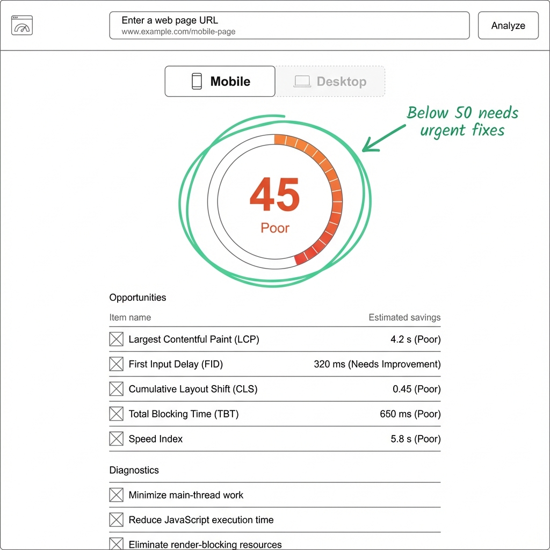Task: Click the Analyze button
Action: [x=508, y=26]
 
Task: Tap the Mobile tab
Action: [x=220, y=82]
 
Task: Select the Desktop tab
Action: [x=330, y=82]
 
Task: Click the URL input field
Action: [x=289, y=26]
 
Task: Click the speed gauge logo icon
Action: [x=22, y=25]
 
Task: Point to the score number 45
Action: [x=274, y=196]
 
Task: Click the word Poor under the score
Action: [x=274, y=228]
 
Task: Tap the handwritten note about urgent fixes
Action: [x=462, y=121]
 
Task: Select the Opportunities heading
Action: [x=137, y=298]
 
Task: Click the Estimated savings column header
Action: [x=404, y=317]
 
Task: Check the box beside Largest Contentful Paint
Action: [x=116, y=339]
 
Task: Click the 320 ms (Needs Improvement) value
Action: [x=377, y=364]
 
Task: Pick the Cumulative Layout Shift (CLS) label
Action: [x=193, y=389]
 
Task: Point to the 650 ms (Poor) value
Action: [x=410, y=414]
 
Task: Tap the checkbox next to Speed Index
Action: [x=116, y=439]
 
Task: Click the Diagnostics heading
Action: [x=134, y=470]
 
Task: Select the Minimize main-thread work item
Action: [x=186, y=495]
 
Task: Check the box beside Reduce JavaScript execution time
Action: [x=116, y=520]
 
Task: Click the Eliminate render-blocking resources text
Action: [x=205, y=544]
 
